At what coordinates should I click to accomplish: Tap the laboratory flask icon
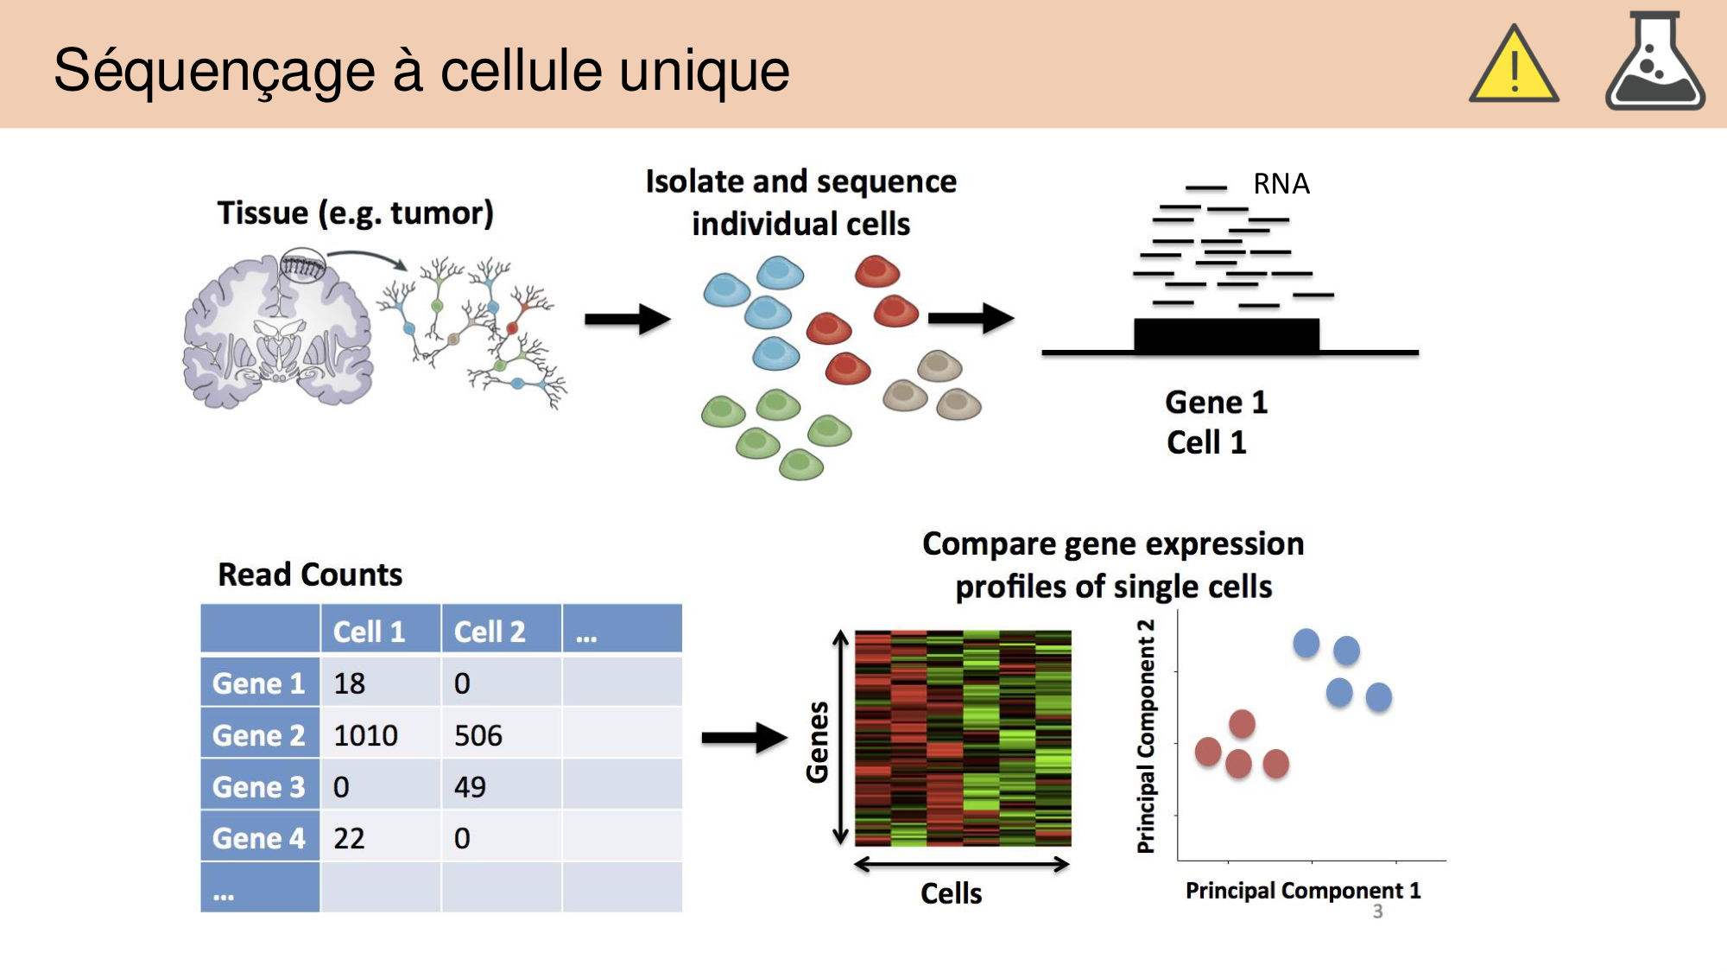(x=1654, y=62)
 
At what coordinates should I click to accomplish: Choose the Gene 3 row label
(x=259, y=787)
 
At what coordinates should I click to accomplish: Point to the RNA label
(x=1281, y=184)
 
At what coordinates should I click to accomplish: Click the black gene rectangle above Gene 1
(x=1226, y=334)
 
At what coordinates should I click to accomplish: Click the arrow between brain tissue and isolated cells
(x=627, y=319)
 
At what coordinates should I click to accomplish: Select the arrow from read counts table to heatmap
(x=743, y=737)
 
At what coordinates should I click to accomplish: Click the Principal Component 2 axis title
(x=1146, y=736)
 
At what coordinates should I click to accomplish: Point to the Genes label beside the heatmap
(x=817, y=741)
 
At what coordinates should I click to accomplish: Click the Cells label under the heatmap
(x=951, y=893)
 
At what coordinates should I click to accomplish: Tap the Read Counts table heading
(x=310, y=575)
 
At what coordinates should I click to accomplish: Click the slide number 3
(x=1378, y=912)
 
